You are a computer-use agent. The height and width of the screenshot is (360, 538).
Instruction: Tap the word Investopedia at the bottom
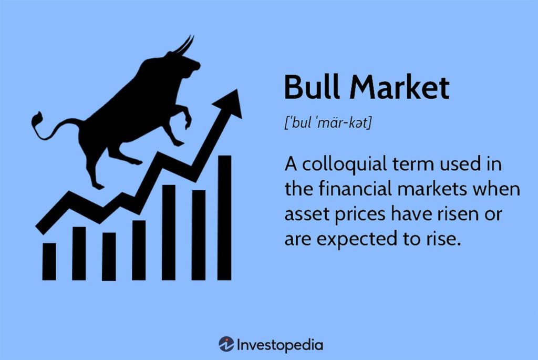tap(280, 345)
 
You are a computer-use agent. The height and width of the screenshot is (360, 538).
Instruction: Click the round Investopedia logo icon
tap(226, 345)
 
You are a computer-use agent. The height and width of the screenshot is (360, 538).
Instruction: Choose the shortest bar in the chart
tap(49, 261)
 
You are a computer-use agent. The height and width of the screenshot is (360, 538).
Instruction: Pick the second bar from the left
tap(79, 253)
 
